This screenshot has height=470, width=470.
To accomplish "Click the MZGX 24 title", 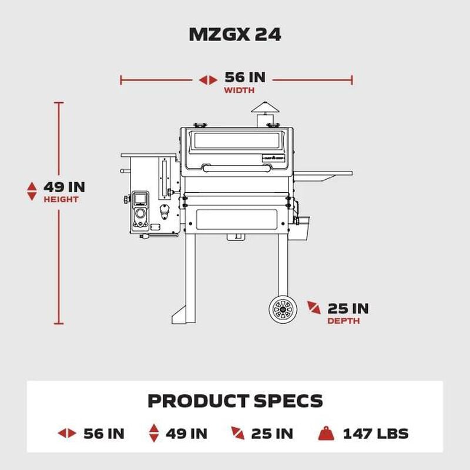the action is (x=235, y=35).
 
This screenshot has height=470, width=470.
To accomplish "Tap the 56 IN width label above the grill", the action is (x=245, y=78).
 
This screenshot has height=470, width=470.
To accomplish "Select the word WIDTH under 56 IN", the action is (x=239, y=90).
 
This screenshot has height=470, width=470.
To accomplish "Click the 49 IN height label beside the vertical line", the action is (x=64, y=187).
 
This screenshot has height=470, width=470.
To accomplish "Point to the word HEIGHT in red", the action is (x=61, y=199).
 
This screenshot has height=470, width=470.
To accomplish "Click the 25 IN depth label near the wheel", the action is (x=348, y=308).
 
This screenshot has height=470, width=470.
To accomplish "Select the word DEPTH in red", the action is (x=344, y=321).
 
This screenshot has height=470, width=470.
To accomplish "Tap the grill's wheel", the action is (x=283, y=310).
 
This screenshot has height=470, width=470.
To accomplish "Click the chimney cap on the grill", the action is (x=265, y=108).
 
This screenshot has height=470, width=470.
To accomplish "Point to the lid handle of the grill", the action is (x=237, y=168).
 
